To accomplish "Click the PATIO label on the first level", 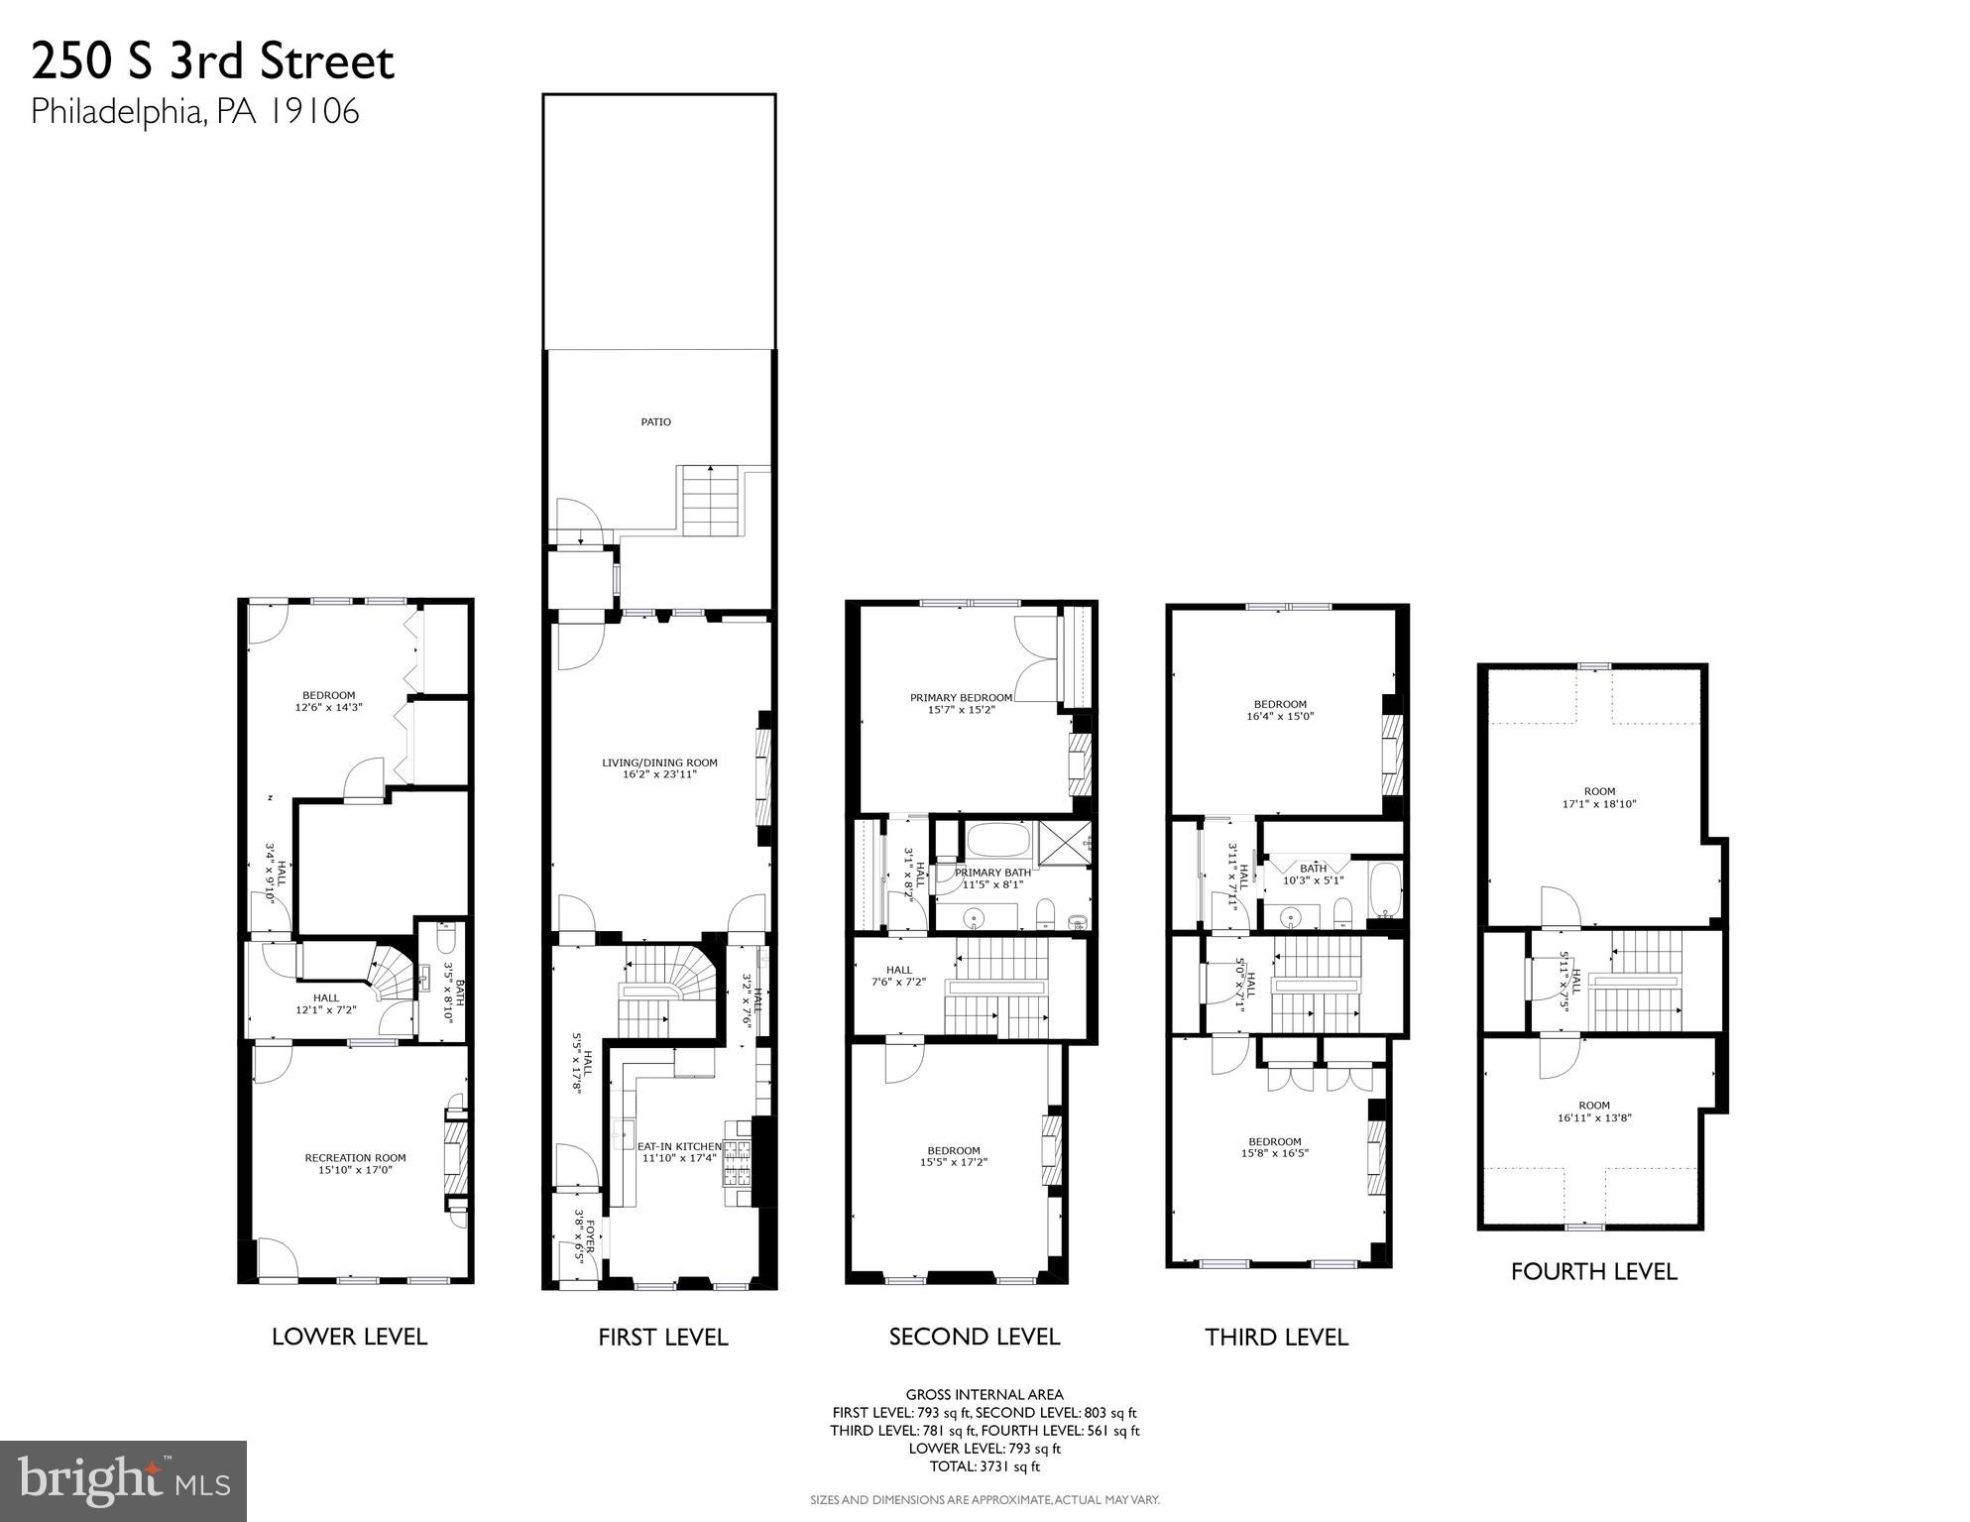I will [655, 422].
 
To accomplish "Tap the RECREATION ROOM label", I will [355, 1158].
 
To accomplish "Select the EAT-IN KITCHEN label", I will [679, 1146].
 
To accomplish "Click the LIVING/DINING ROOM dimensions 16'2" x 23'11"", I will [659, 774].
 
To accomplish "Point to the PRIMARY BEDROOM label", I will [961, 698].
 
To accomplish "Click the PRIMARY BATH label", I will [992, 873].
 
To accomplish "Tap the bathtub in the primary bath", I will [998, 841].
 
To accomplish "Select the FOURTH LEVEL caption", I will [1593, 1272].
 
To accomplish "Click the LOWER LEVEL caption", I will [349, 1337].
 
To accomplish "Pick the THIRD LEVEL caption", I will [1276, 1338].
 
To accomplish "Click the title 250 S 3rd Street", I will [212, 61].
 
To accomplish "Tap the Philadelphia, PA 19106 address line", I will [194, 111].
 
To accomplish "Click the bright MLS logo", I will [123, 1480].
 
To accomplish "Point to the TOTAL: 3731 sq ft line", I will [984, 1466].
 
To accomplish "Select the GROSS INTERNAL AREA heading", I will [984, 1395].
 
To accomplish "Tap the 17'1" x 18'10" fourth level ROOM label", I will [1598, 798].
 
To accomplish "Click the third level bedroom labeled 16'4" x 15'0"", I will [1279, 710].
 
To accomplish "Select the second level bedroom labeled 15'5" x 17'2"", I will [954, 1156].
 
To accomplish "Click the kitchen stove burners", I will [739, 1164].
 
